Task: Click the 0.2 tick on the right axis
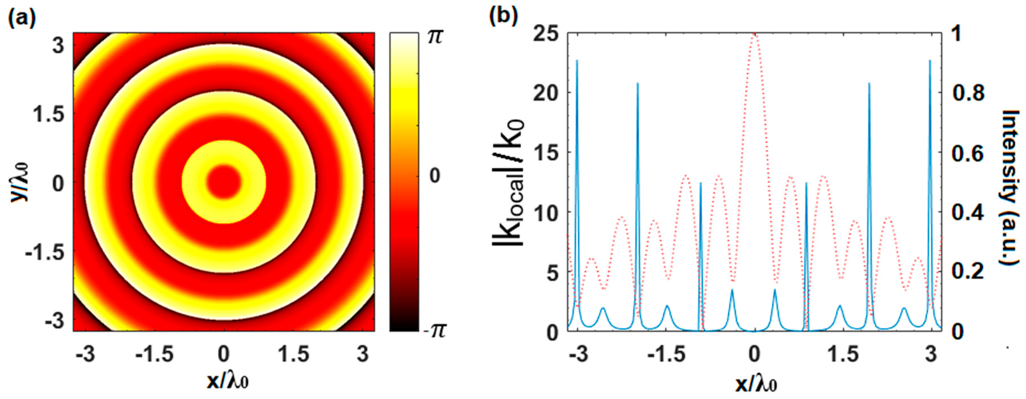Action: coord(968,272)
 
